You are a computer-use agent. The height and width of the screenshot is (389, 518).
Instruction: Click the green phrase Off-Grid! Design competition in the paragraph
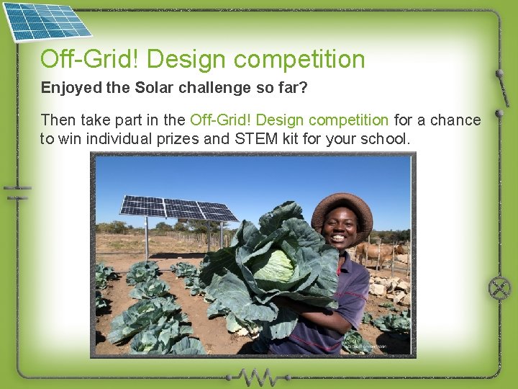coord(289,120)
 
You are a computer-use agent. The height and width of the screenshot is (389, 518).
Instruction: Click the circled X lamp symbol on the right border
coord(499,288)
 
